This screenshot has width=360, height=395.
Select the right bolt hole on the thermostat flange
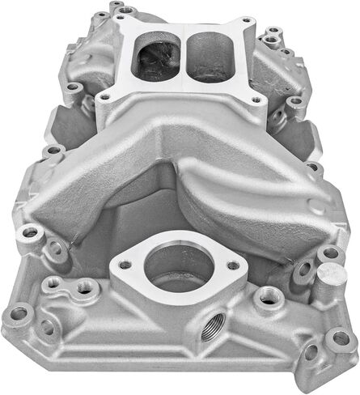click(233, 265)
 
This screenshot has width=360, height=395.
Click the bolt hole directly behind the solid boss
click(329, 253)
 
